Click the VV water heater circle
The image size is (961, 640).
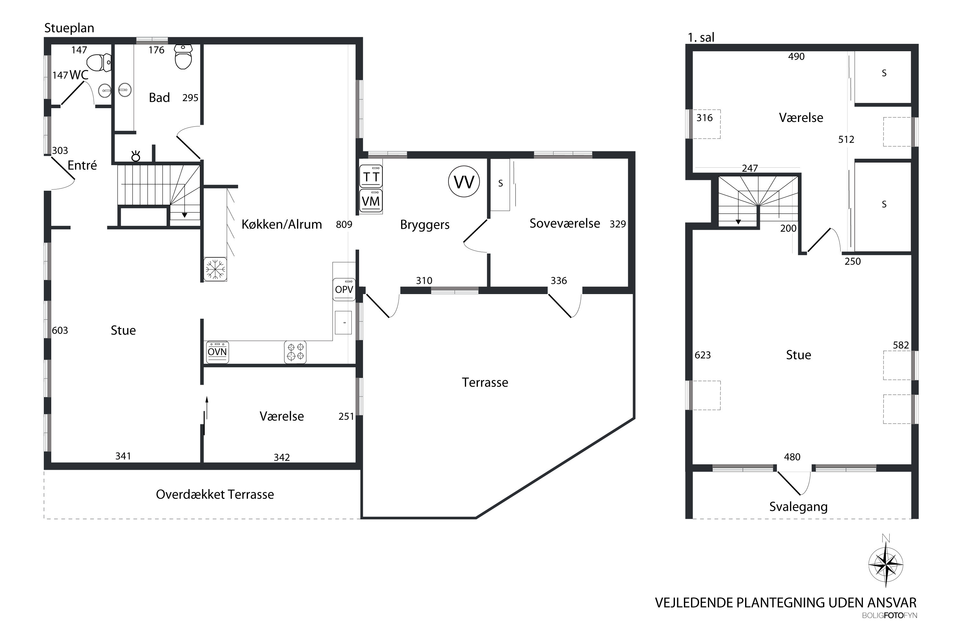point(464,182)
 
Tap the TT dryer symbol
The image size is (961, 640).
point(371,176)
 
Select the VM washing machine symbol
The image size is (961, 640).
point(371,201)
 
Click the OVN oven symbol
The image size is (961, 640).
point(218,352)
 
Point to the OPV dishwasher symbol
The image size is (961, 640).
point(344,289)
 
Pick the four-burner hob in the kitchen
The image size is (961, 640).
point(295,352)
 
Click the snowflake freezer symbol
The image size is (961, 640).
point(215,269)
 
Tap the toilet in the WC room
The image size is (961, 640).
point(99,63)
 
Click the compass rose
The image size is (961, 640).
point(886,564)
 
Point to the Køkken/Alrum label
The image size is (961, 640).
point(282,224)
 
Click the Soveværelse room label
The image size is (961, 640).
point(565,223)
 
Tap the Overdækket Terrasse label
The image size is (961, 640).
point(215,494)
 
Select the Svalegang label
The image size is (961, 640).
point(798,507)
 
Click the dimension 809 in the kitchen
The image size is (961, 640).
point(344,224)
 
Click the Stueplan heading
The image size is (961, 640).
point(69,28)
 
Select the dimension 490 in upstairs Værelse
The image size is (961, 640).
point(796,56)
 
